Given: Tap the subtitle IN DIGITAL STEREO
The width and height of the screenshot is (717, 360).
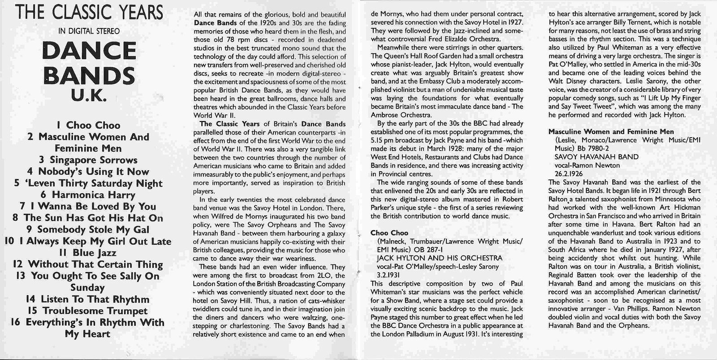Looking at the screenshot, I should [x=89, y=31].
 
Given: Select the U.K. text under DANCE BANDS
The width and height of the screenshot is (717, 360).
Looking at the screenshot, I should [x=88, y=96].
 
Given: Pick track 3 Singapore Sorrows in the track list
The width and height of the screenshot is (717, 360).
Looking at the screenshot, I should [x=88, y=160].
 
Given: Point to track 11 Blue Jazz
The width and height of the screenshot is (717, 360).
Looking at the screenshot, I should [x=88, y=253].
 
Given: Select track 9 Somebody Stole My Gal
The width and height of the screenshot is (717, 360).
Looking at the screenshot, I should [x=88, y=230].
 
